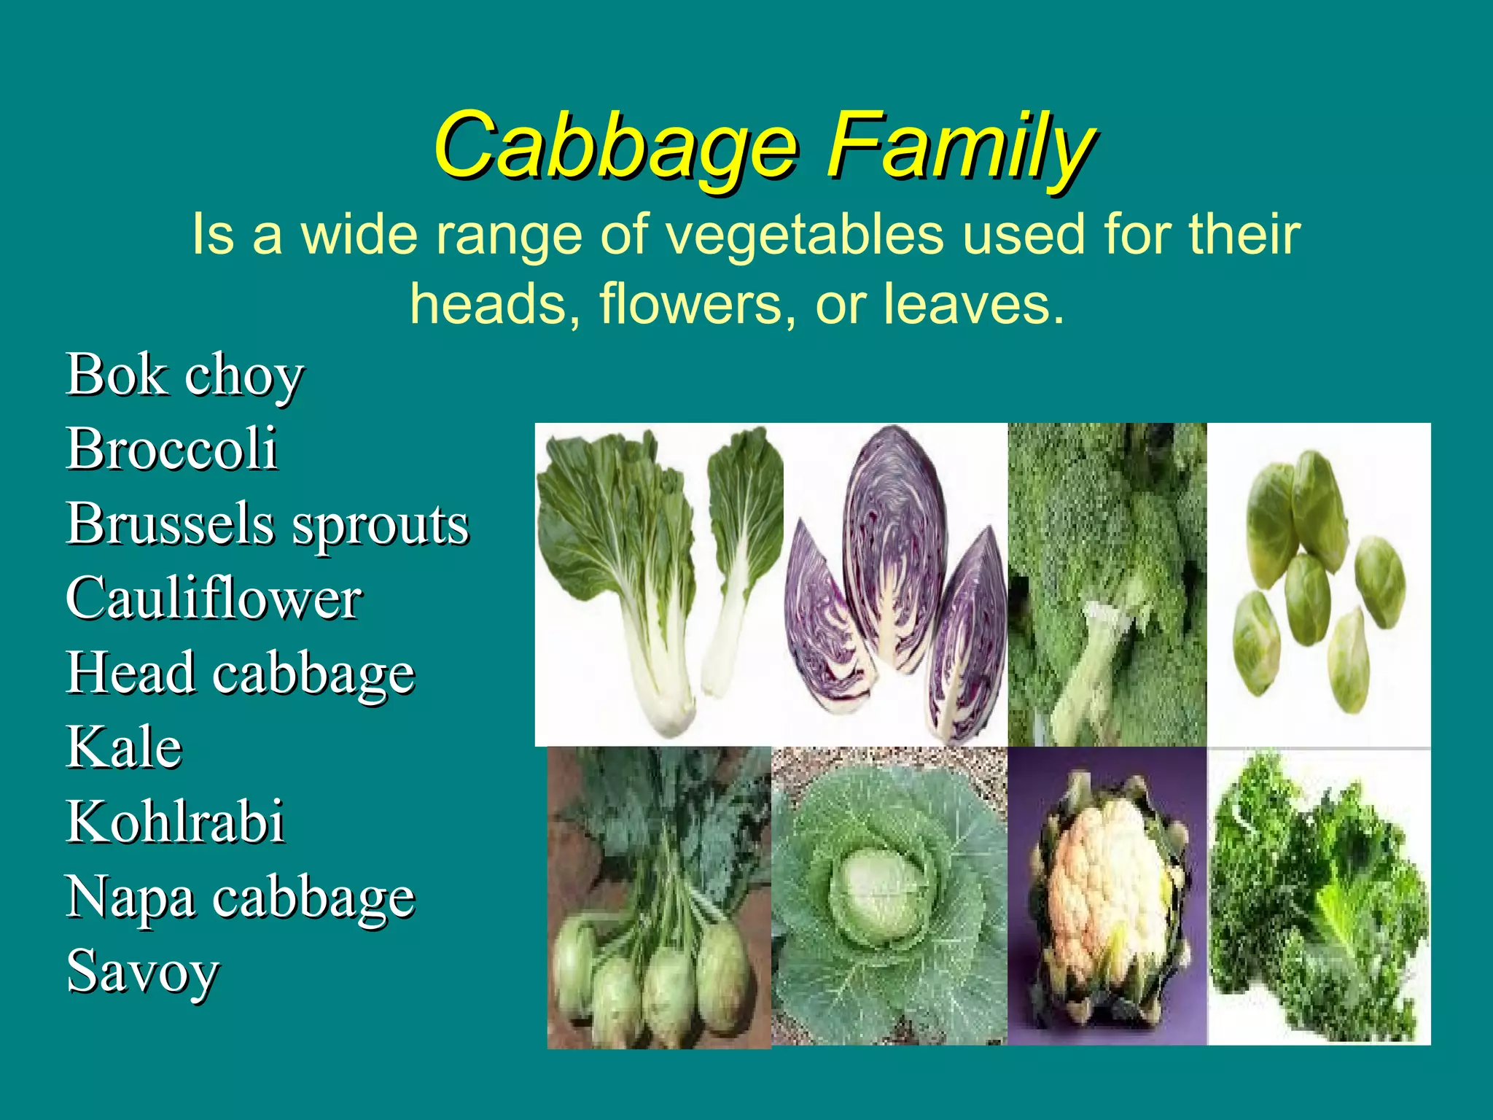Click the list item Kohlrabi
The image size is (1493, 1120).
pyautogui.click(x=175, y=822)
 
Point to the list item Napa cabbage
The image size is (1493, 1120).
pyautogui.click(x=241, y=898)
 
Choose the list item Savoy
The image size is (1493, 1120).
pyautogui.click(x=143, y=971)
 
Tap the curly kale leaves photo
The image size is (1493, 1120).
pyautogui.click(x=1319, y=897)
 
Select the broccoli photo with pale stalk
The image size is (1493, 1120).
pyautogui.click(x=1107, y=583)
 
